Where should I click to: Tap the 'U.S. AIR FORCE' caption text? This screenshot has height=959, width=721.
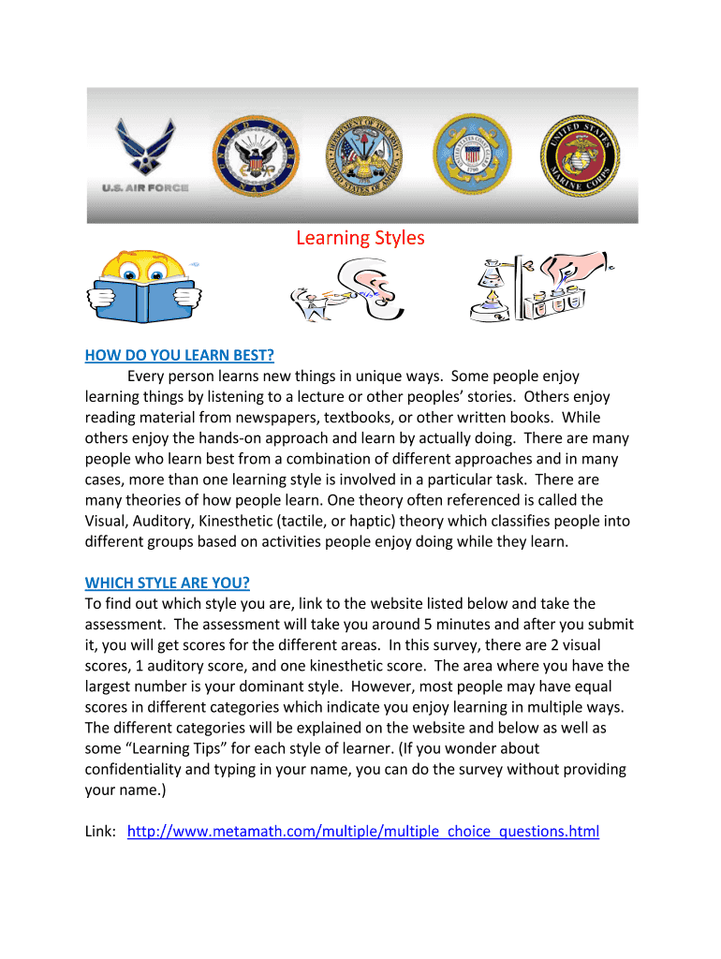tap(145, 188)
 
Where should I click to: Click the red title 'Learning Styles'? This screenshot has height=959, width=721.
tap(360, 238)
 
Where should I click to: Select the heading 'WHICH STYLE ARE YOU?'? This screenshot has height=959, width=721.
tap(168, 583)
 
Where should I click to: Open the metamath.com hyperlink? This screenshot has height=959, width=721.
tap(362, 832)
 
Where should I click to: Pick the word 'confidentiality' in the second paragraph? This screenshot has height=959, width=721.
tap(140, 770)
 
